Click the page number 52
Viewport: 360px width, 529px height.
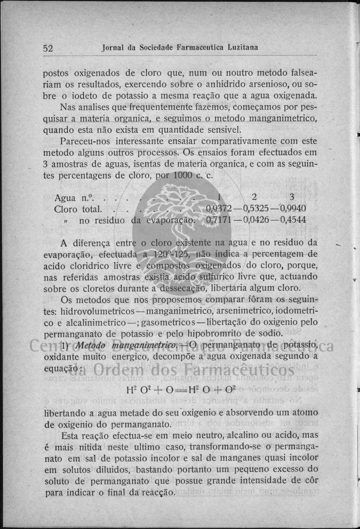pyautogui.click(x=48, y=48)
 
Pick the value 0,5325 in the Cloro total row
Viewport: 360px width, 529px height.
pyautogui.click(x=260, y=208)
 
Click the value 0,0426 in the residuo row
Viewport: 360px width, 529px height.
pyautogui.click(x=260, y=219)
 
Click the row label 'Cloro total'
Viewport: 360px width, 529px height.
pyautogui.click(x=78, y=208)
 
